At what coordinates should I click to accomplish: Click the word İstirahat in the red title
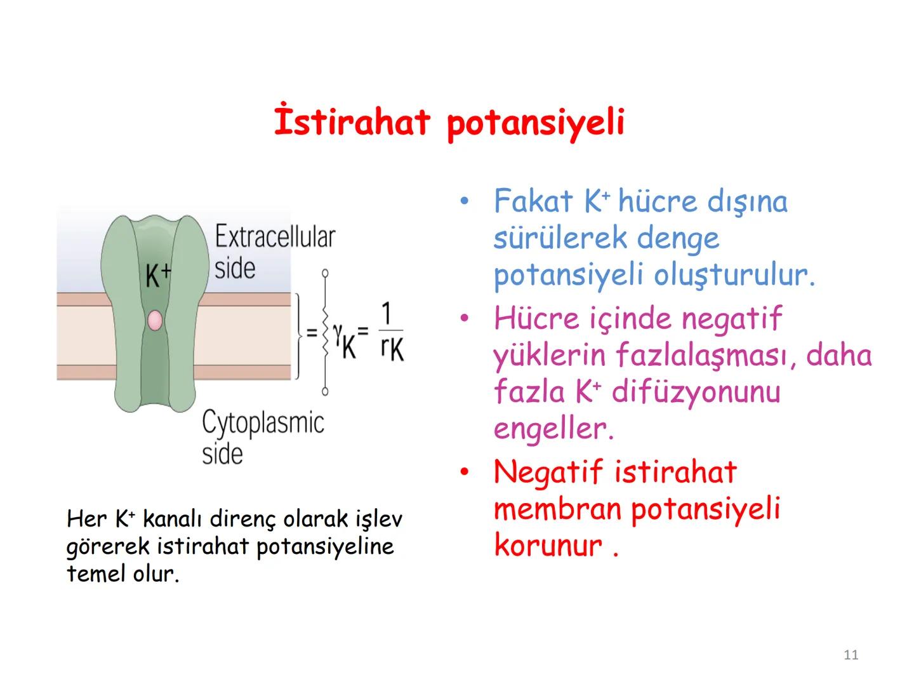(352, 122)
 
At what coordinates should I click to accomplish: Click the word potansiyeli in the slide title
(535, 123)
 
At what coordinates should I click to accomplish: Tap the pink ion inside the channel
(155, 321)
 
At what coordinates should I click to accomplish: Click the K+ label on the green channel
(158, 275)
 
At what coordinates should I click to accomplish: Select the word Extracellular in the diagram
(274, 237)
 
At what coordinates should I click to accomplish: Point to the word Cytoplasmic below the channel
(263, 423)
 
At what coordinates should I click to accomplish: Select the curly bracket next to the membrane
(299, 334)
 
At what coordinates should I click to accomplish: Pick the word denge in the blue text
(678, 239)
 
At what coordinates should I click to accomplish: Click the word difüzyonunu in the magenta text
(696, 392)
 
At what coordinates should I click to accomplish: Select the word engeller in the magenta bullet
(552, 429)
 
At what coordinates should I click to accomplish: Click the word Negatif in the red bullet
(548, 472)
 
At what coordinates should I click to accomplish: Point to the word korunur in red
(548, 546)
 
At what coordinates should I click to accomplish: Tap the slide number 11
(851, 655)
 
